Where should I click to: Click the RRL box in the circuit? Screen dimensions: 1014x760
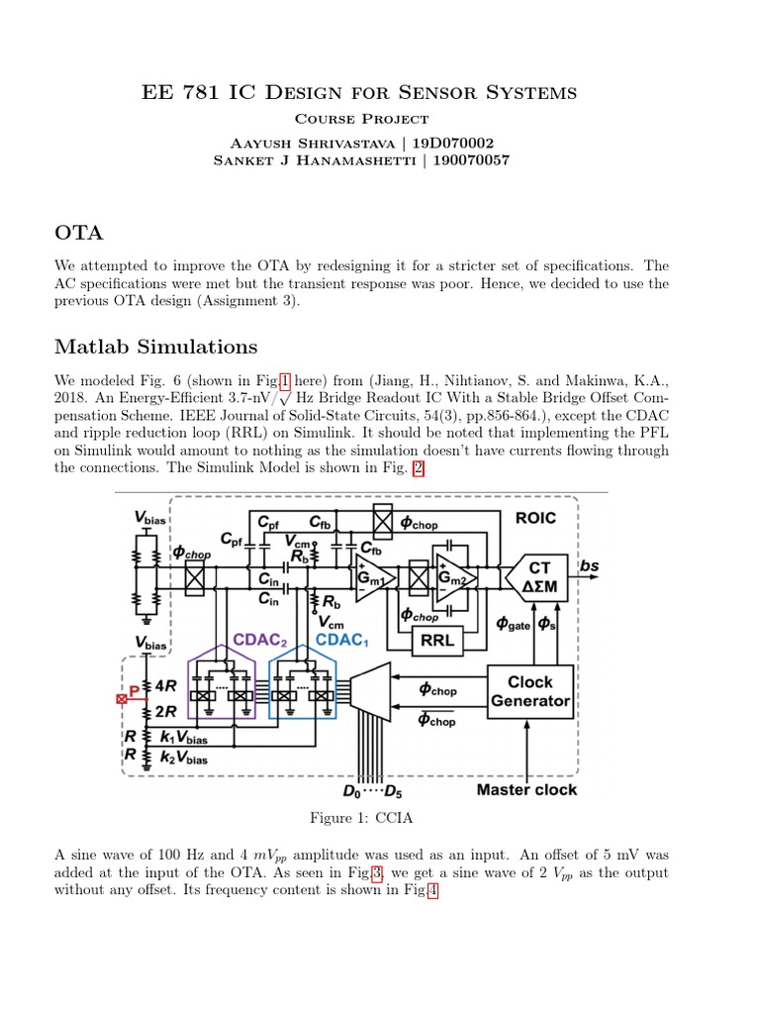(x=437, y=641)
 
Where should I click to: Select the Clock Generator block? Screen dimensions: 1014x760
(x=530, y=691)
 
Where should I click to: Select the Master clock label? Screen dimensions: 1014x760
(x=526, y=790)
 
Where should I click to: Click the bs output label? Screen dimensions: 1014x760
(x=590, y=566)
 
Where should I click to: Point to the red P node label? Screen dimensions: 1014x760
(x=135, y=690)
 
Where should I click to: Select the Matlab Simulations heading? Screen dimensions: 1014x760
(x=156, y=347)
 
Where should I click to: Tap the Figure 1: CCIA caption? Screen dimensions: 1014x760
(x=359, y=818)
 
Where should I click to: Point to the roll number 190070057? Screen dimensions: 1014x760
(x=472, y=160)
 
